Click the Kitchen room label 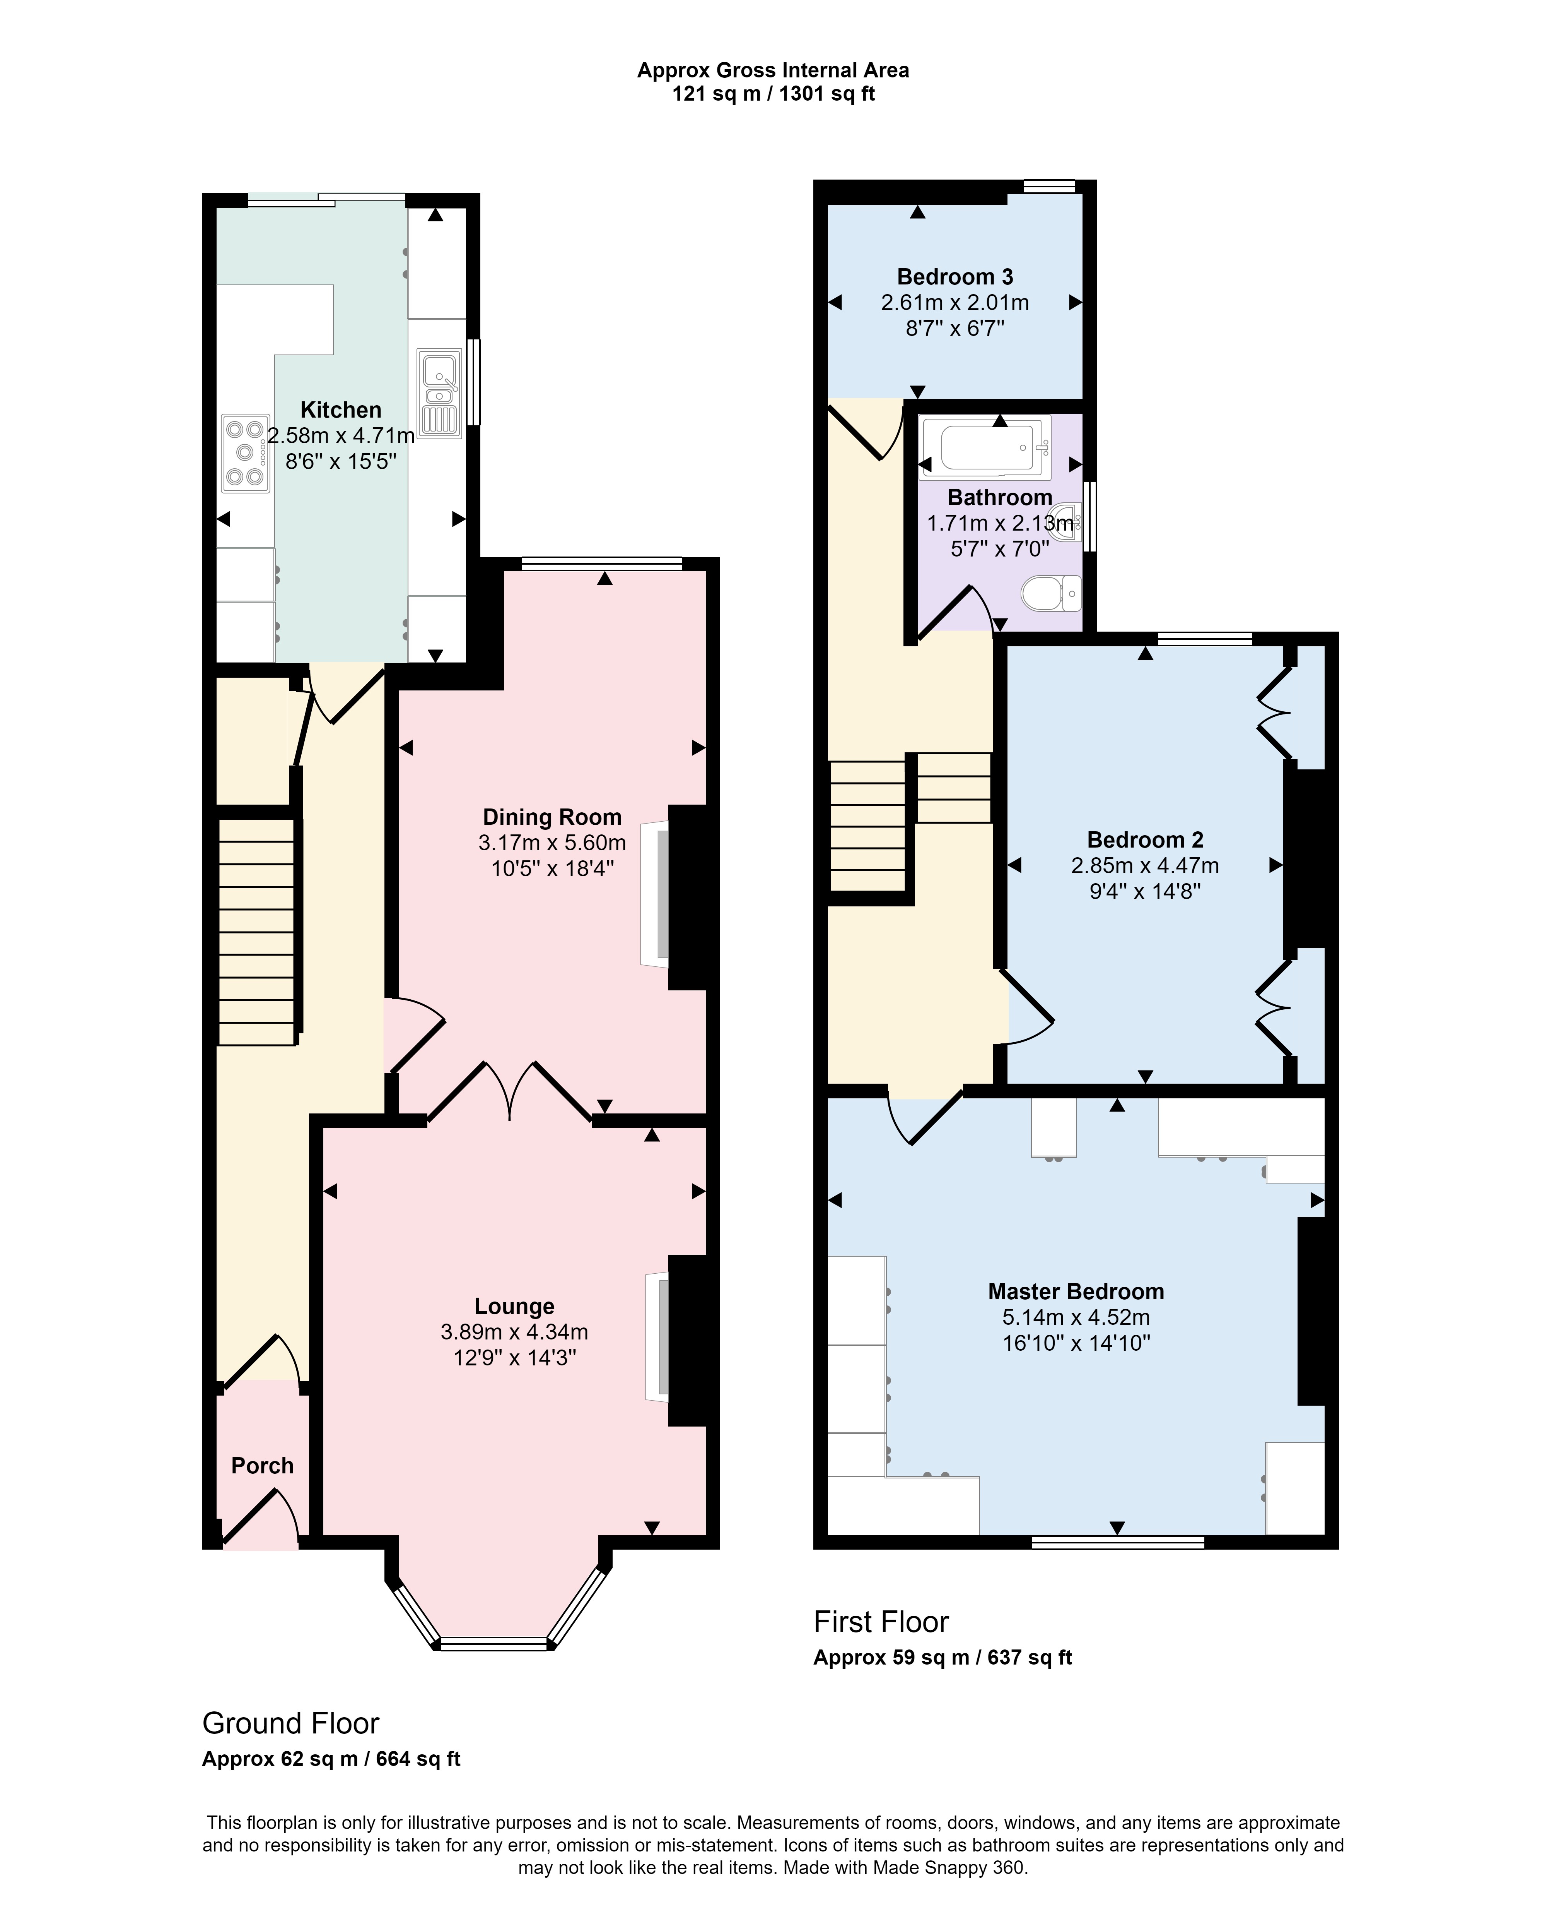[x=340, y=410]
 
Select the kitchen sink [x=439, y=393]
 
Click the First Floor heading [x=881, y=1622]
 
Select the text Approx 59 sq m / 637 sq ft [x=942, y=1658]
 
